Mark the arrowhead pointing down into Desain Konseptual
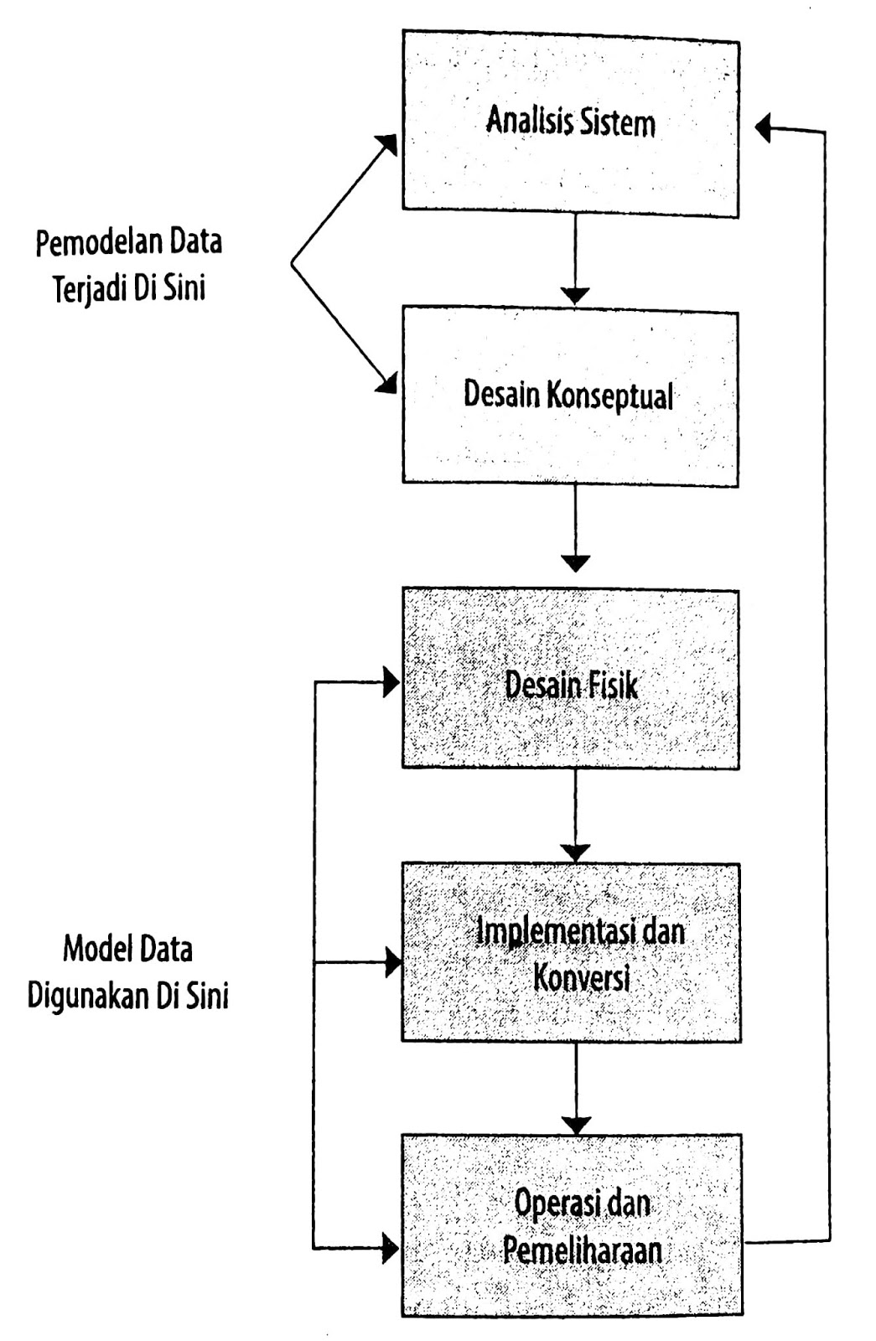(x=575, y=296)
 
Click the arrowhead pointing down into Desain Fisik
(x=575, y=562)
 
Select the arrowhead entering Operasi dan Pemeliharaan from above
(x=575, y=1125)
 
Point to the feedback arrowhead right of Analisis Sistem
(x=763, y=128)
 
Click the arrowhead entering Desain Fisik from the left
(x=391, y=683)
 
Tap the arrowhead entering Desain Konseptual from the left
(x=386, y=384)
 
